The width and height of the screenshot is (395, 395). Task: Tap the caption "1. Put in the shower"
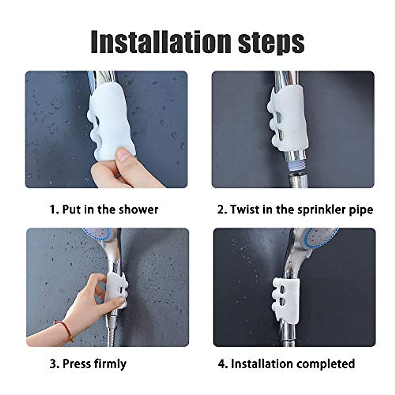coord(104,209)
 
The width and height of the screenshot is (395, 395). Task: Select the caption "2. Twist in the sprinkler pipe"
coord(295,209)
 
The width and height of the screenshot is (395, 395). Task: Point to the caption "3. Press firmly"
coord(88,364)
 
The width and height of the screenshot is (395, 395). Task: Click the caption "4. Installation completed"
coord(286,364)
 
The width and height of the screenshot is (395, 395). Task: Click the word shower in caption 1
coord(138,209)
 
